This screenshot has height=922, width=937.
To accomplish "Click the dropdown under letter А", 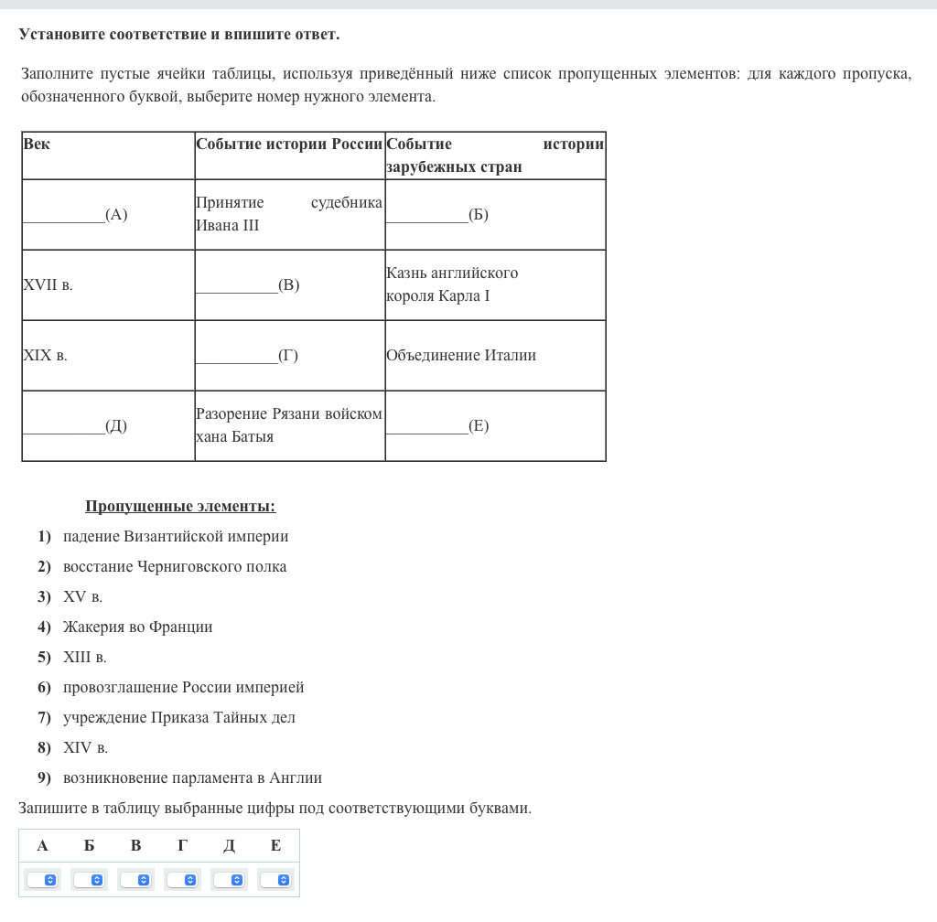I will click(42, 880).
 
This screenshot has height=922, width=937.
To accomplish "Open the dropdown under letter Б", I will click(89, 880).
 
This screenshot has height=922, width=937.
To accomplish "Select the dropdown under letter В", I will click(135, 880).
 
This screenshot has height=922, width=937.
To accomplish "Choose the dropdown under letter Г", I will click(182, 880).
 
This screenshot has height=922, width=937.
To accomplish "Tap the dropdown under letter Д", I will click(229, 880).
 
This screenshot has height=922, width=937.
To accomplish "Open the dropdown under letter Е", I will click(275, 880).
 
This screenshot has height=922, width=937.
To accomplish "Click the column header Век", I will click(38, 145).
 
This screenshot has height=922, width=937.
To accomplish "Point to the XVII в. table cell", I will click(48, 285).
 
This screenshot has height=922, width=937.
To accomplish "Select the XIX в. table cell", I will click(45, 356).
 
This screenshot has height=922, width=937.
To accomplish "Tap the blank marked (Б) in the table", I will click(437, 215).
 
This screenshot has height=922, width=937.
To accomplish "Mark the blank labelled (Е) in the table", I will click(437, 426).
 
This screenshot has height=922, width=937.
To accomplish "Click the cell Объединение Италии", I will click(461, 356).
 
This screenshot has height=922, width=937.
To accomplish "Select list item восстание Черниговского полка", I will click(175, 567).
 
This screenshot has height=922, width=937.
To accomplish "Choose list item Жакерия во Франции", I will click(137, 627).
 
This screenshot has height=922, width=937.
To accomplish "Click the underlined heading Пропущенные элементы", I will click(180, 507).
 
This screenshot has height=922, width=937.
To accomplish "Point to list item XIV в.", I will click(85, 748).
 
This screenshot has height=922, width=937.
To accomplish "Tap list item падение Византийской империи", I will click(176, 537).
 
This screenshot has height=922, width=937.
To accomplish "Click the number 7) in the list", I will click(44, 718).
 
